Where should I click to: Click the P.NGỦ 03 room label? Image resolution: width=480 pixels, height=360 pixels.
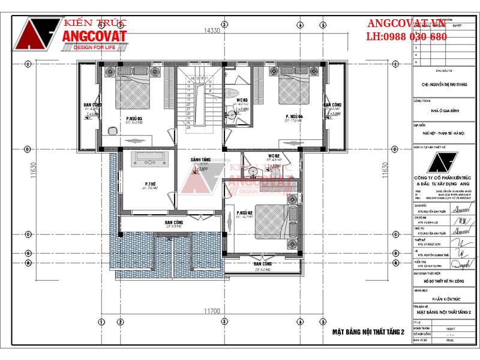(x=134, y=119)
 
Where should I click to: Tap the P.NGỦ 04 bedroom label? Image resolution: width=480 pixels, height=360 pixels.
(x=294, y=116)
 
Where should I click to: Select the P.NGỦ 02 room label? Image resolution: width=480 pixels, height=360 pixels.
(x=245, y=213)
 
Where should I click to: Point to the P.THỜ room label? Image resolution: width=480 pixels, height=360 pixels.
(x=150, y=184)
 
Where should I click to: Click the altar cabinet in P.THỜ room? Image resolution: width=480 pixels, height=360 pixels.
(x=148, y=158)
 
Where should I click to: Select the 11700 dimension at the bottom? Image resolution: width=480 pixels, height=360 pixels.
(x=211, y=311)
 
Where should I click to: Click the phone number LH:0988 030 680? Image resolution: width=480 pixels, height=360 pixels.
(x=407, y=37)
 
